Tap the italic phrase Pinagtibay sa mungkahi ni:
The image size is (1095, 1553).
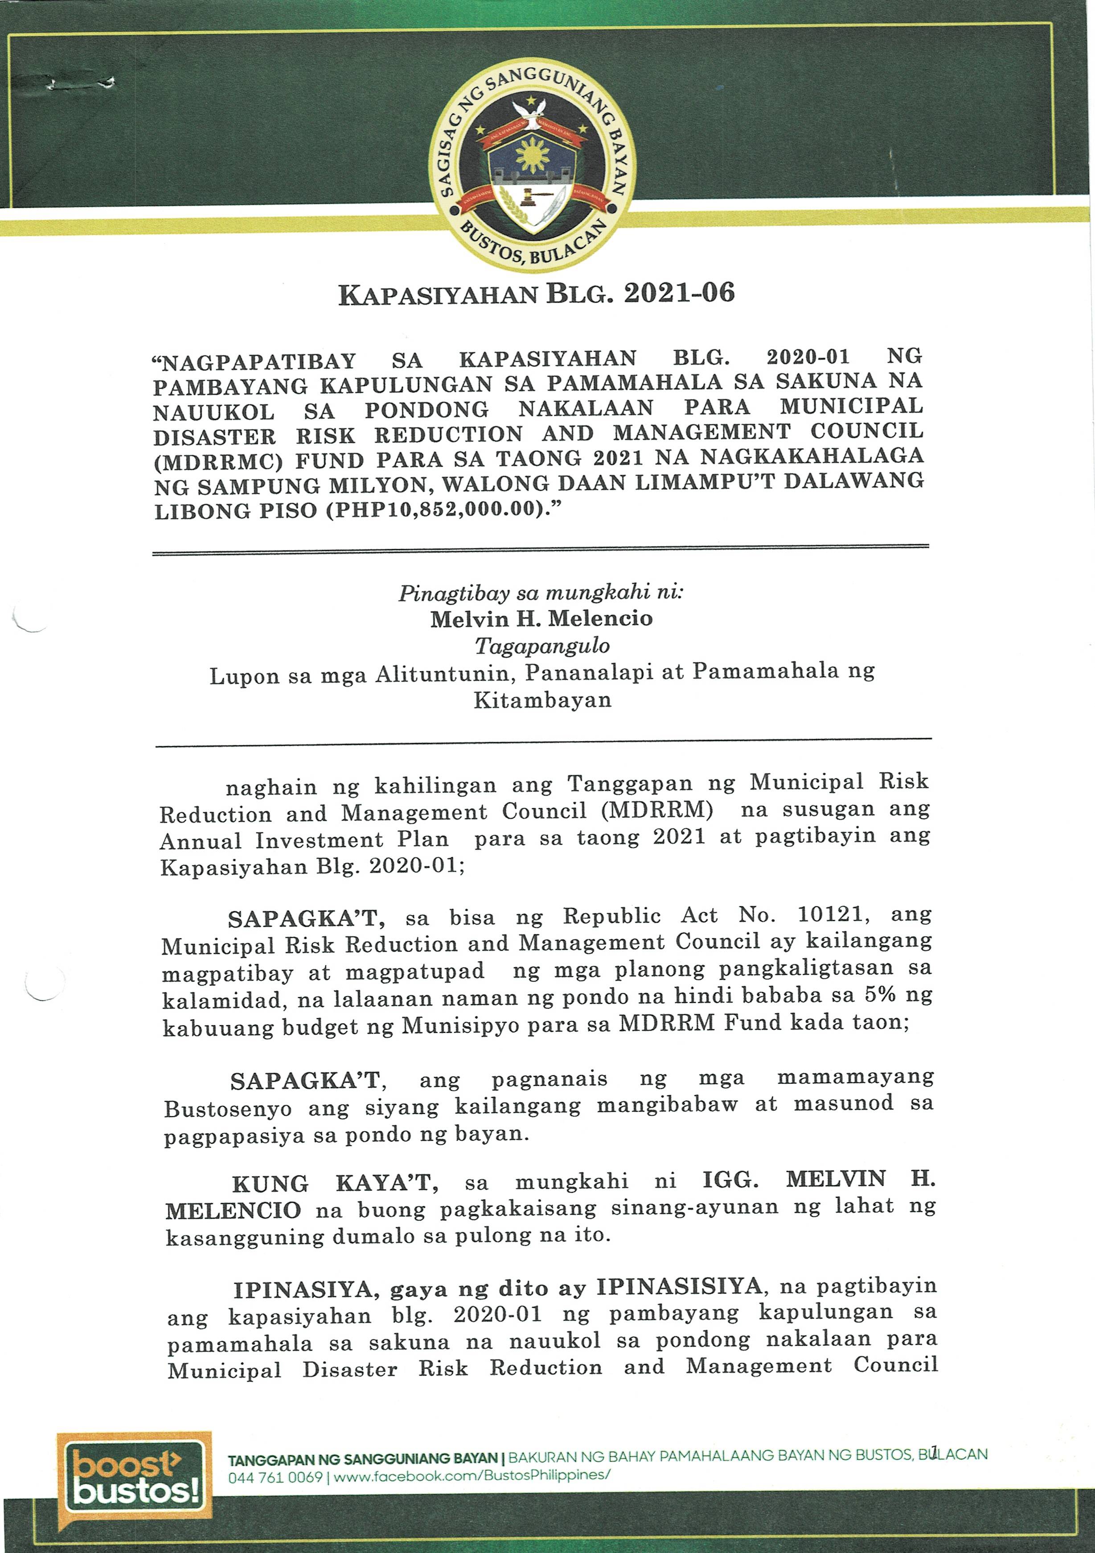point(541,593)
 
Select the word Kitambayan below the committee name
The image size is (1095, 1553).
point(542,700)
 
